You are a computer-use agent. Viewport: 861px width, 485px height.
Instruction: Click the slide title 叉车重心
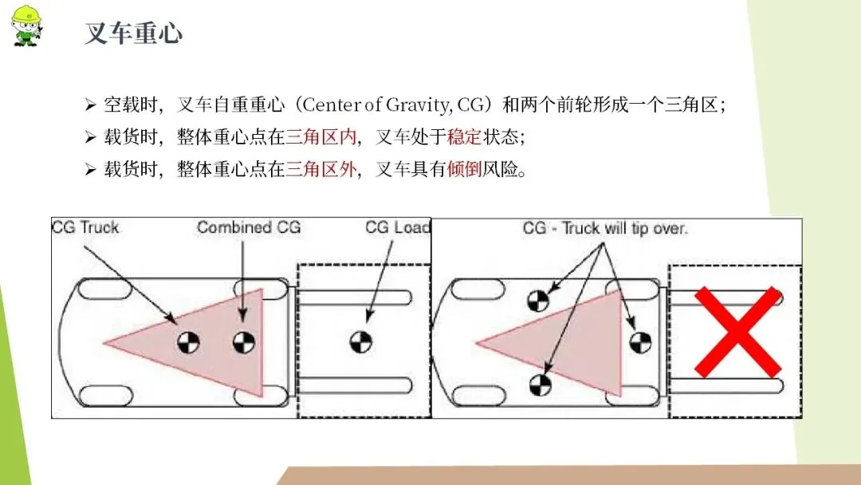point(133,33)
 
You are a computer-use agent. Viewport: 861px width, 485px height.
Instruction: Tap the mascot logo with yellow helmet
point(25,25)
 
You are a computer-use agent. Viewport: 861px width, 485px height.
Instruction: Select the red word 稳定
point(464,136)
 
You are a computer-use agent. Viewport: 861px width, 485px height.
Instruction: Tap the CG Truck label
point(85,227)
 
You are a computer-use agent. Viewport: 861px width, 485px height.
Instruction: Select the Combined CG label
point(249,227)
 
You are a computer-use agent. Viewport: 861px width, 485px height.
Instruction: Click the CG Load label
point(397,227)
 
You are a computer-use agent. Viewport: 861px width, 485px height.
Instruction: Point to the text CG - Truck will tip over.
point(605,228)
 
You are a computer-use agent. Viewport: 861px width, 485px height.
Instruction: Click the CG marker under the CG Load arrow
point(360,341)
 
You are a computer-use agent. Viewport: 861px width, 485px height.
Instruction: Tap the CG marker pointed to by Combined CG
point(244,342)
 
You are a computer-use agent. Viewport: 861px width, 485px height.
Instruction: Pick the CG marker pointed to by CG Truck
point(189,342)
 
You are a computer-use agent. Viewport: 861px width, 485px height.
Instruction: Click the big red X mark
point(737,332)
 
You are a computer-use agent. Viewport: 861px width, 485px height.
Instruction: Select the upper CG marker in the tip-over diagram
point(538,300)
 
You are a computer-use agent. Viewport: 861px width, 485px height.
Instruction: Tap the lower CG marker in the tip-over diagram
point(540,384)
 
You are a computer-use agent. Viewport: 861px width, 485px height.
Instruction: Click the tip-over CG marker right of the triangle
point(640,342)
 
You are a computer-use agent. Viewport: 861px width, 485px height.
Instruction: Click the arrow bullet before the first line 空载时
point(90,104)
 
